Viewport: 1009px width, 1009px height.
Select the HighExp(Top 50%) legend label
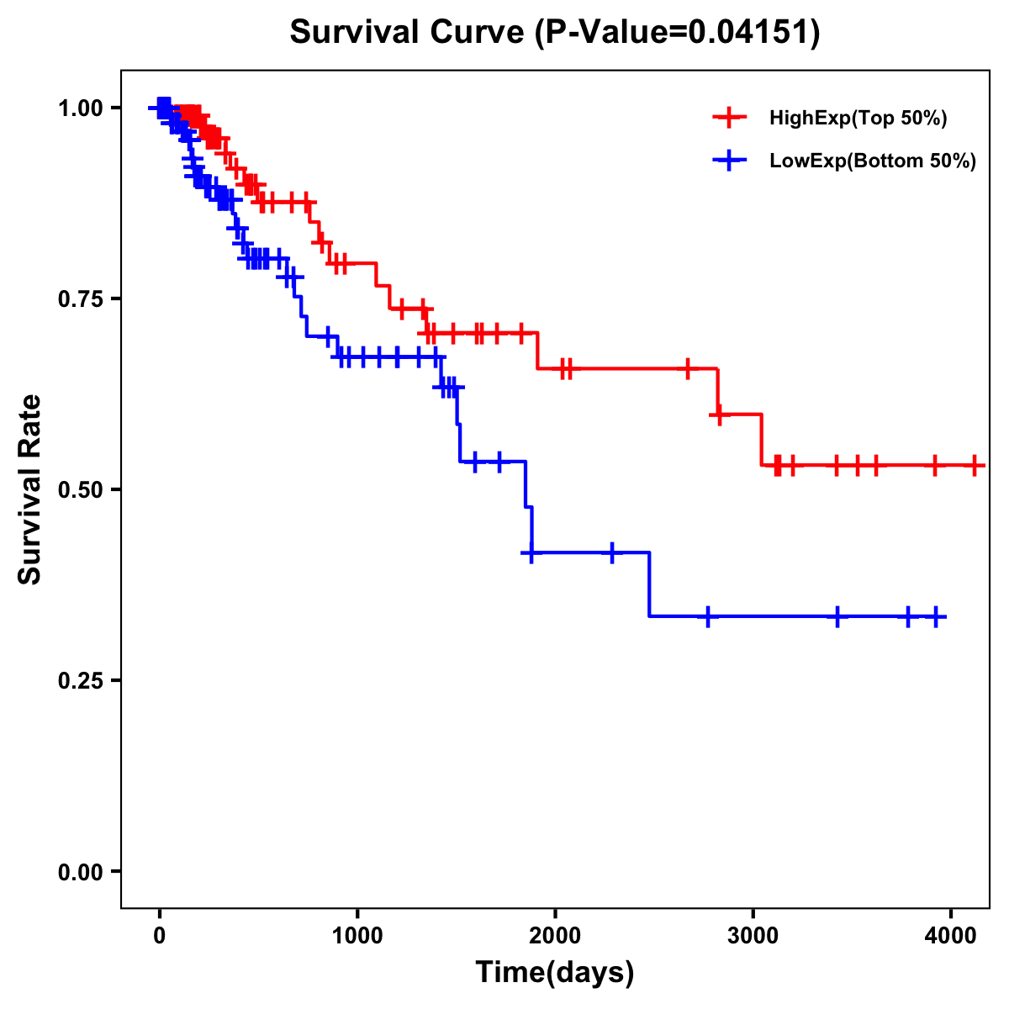[858, 119]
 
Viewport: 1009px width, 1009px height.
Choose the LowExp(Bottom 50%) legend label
[873, 161]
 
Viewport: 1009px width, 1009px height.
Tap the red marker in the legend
[729, 118]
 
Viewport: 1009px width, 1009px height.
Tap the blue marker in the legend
[729, 161]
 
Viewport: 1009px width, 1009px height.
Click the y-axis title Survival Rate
[30, 489]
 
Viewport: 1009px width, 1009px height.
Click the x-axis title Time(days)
[555, 973]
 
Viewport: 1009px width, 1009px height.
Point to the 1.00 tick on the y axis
[80, 108]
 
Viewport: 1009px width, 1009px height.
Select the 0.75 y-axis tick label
[80, 299]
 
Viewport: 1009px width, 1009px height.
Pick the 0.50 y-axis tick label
[80, 490]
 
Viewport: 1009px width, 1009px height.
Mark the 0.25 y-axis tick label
[80, 681]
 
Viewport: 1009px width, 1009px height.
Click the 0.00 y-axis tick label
[80, 872]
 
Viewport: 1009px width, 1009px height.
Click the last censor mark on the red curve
[975, 465]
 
